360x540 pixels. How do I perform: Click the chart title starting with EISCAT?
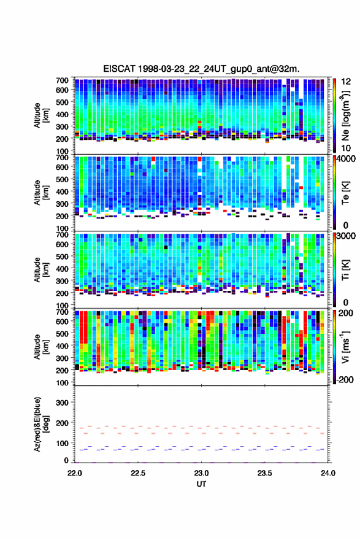(x=201, y=69)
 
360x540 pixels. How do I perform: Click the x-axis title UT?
(x=201, y=484)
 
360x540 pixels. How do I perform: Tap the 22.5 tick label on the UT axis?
(x=138, y=473)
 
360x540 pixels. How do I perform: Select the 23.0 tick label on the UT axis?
(x=201, y=473)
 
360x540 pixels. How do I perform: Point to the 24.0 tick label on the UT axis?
(x=328, y=473)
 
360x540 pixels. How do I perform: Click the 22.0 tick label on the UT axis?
(x=75, y=473)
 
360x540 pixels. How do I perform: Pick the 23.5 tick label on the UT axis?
(x=265, y=473)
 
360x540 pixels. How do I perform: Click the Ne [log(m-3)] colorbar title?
(x=345, y=115)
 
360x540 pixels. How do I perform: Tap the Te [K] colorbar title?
(x=345, y=192)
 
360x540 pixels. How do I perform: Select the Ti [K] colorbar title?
(x=345, y=269)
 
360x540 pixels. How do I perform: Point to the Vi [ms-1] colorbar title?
(x=345, y=347)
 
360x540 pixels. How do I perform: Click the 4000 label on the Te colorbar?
(x=347, y=160)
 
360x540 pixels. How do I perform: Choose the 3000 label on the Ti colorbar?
(x=347, y=237)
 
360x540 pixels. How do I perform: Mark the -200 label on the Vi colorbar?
(x=345, y=379)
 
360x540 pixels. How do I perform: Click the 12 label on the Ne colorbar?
(x=346, y=82)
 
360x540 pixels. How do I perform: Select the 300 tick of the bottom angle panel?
(x=62, y=403)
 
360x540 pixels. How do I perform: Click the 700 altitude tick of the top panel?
(x=62, y=80)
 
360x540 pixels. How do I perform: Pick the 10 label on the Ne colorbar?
(x=346, y=148)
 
